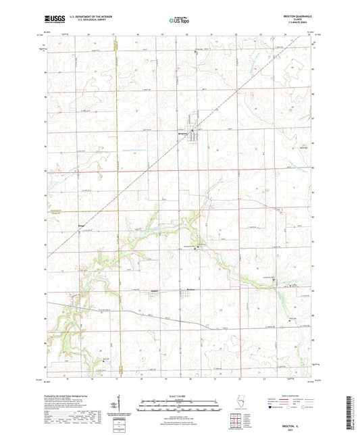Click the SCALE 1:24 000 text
[x=180, y=394]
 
